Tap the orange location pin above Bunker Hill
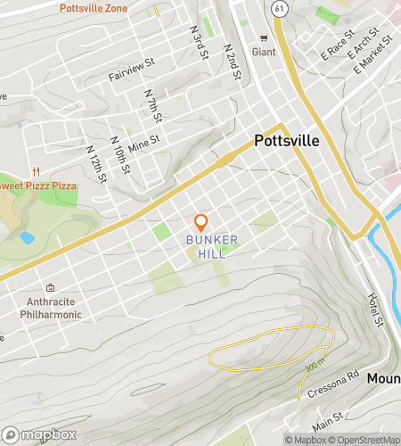(201, 221)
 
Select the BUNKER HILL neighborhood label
(206, 247)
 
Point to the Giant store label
(263, 52)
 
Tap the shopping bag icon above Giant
(263, 37)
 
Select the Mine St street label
(143, 141)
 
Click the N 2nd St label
(233, 61)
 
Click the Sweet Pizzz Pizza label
(37, 185)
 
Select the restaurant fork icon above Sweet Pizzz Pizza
(37, 170)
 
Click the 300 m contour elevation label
(310, 364)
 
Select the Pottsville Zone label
(94, 8)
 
